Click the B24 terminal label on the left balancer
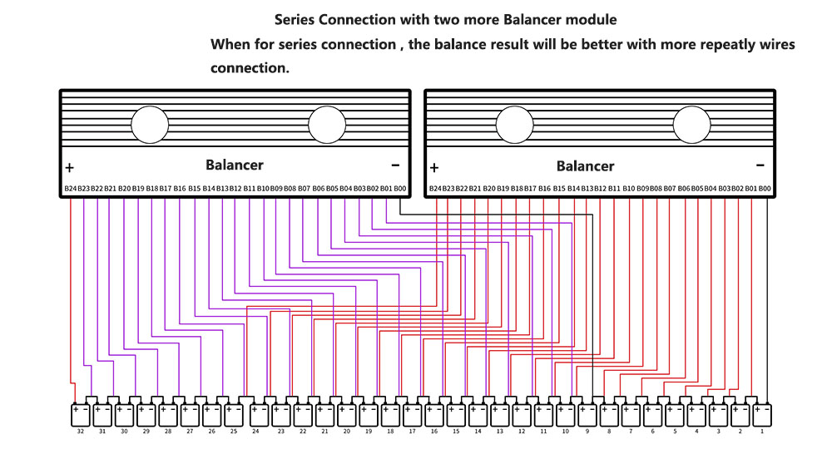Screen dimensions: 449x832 pos(70,189)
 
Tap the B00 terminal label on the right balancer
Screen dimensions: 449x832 pos(765,189)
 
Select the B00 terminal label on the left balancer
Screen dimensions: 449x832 pos(400,189)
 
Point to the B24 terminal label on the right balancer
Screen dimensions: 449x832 pos(435,189)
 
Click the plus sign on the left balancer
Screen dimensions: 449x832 pos(70,166)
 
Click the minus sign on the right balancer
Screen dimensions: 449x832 pos(760,165)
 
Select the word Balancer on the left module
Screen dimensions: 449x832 pos(235,165)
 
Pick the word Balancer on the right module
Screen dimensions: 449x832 pos(585,165)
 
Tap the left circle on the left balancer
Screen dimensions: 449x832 pos(150,126)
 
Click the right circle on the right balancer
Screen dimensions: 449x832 pos(692,126)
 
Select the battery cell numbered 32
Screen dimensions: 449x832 pos(81,413)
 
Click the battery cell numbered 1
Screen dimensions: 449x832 pos(761,413)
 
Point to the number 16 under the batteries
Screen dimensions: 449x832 pos(433,432)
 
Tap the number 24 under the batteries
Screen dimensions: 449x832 pos(256,432)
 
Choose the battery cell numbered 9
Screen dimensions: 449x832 pos(587,413)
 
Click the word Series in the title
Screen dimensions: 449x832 pos(295,18)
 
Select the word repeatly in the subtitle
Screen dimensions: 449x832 pos(683,44)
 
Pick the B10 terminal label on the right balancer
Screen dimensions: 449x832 pos(629,189)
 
